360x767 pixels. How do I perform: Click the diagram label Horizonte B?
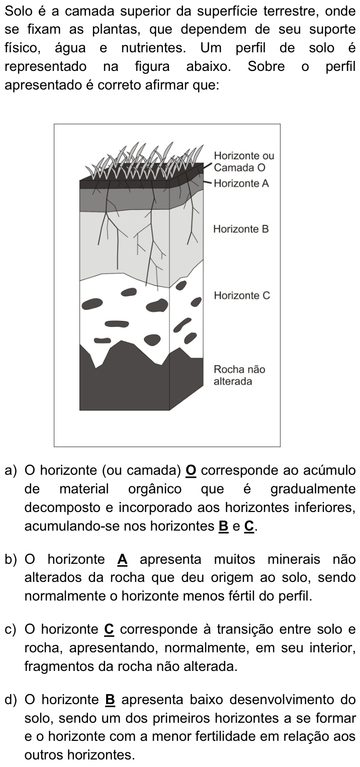(241, 229)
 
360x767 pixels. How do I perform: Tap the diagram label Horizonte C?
(242, 295)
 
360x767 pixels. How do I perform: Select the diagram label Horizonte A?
(242, 184)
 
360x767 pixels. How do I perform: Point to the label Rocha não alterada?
(239, 375)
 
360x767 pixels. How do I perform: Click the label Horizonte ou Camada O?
(244, 161)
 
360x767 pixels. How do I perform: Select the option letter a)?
(11, 470)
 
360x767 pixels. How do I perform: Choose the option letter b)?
(11, 559)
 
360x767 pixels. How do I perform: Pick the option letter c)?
(11, 629)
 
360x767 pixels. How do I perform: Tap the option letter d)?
(11, 699)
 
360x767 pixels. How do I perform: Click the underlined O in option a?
(191, 470)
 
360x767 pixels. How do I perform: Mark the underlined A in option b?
(122, 559)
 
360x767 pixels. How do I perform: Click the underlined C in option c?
(109, 629)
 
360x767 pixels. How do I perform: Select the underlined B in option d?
(110, 699)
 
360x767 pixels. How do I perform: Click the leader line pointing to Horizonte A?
(208, 183)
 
